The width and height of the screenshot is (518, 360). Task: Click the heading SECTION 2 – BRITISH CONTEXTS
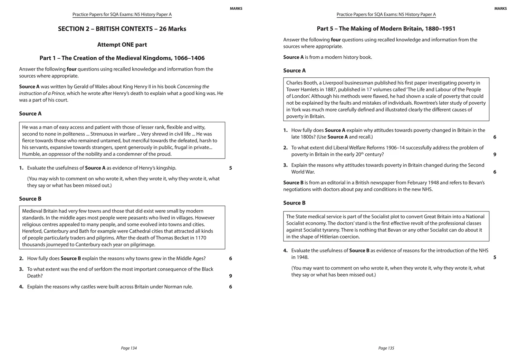tap(122, 29)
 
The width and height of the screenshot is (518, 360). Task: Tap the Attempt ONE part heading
tap(122, 45)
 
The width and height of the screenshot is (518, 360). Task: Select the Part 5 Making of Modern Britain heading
tap(386, 29)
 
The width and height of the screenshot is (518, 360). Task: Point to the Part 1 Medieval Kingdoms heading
tap(122, 58)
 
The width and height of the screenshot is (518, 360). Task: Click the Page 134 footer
tap(129, 348)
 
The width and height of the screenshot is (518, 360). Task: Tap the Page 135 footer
tap(386, 348)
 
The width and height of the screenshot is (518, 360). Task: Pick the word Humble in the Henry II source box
tap(31, 154)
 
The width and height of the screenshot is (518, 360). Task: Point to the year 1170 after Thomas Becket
tap(201, 238)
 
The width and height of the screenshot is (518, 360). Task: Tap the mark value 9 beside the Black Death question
tap(231, 276)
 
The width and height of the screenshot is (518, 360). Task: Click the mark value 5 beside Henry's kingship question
tap(231, 168)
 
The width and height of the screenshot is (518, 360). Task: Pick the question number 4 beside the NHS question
tap(285, 251)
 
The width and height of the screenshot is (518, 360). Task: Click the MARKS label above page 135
tap(500, 9)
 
